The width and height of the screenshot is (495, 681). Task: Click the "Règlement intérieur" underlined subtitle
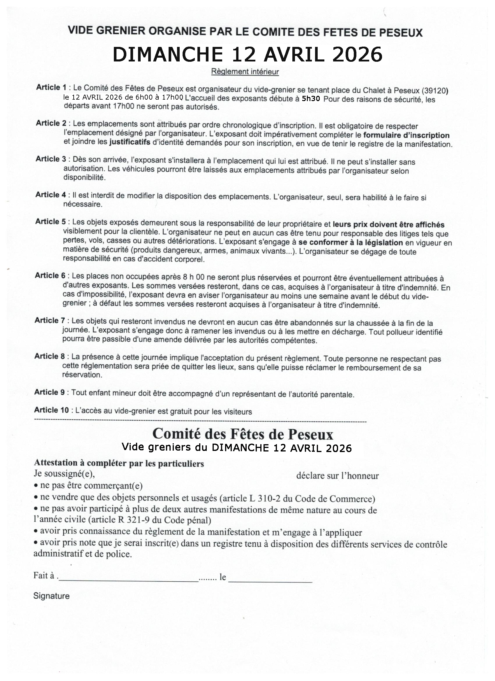tap(245, 72)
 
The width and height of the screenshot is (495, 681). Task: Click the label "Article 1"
tap(51, 87)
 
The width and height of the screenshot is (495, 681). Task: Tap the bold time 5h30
tap(311, 98)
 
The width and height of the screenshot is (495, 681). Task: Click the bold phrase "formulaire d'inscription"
tap(406, 135)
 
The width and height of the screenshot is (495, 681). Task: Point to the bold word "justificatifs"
tap(130, 142)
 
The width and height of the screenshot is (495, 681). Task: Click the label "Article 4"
tap(50, 195)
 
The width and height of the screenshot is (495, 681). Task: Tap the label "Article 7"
tap(49, 320)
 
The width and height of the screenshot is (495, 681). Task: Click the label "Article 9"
tap(49, 392)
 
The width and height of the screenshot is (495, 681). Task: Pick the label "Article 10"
tap(51, 410)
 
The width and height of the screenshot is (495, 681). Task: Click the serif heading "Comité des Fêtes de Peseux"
tap(243, 434)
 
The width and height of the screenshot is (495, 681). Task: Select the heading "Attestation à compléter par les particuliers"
tap(119, 463)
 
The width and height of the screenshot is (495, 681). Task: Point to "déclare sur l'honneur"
tap(337, 476)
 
